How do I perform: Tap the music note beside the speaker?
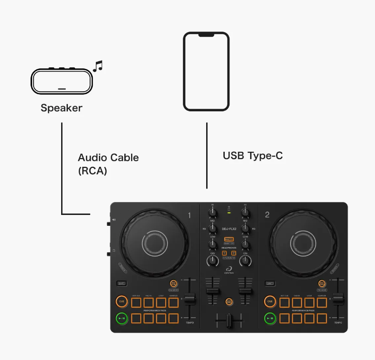tap(97, 66)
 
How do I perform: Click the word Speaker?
tap(62, 108)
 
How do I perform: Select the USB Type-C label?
tap(253, 155)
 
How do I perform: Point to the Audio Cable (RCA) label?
tap(108, 164)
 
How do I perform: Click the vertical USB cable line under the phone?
tap(207, 155)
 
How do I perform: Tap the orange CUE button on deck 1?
tap(122, 301)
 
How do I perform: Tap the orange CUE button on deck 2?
tap(269, 301)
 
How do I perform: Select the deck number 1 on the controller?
tap(190, 215)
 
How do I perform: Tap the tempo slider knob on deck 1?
tap(190, 299)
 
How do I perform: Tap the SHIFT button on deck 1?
tap(122, 283)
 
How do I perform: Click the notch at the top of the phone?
tap(206, 35)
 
